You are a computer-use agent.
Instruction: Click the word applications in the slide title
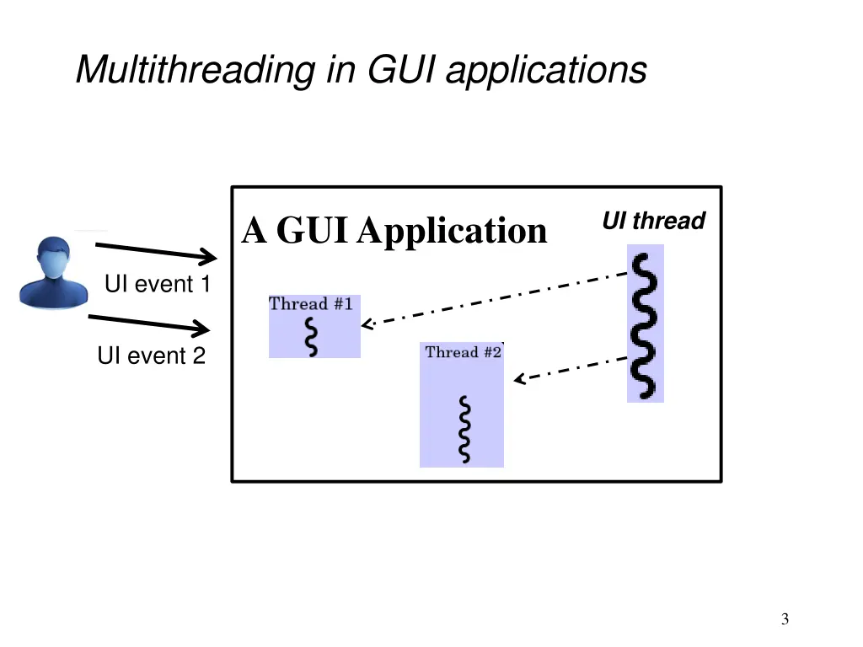(545, 70)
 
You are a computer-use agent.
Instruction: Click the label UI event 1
(157, 285)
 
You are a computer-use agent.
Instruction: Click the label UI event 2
(151, 356)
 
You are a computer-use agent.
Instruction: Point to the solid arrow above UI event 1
(157, 251)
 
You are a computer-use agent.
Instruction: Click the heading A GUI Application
(394, 230)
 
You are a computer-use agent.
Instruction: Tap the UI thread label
(653, 222)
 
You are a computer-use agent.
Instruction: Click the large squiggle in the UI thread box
(646, 324)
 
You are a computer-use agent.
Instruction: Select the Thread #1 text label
(310, 304)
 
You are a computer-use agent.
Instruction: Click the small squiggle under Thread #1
(313, 337)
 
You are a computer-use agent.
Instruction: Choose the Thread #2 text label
(463, 352)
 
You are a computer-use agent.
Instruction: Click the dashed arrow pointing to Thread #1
(497, 298)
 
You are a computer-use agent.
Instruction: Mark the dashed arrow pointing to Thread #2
(571, 369)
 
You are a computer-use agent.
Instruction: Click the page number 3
(785, 620)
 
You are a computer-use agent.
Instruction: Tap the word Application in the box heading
(452, 230)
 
